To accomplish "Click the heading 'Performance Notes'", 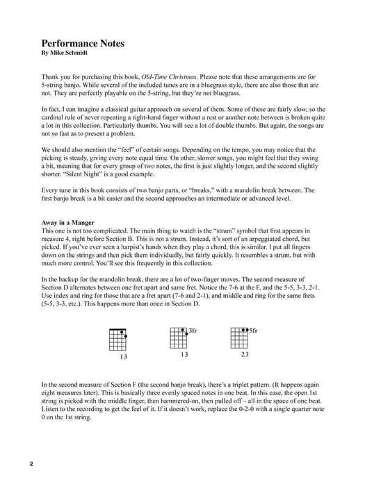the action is pos(82,43).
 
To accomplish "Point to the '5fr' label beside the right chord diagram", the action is pos(253,332).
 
